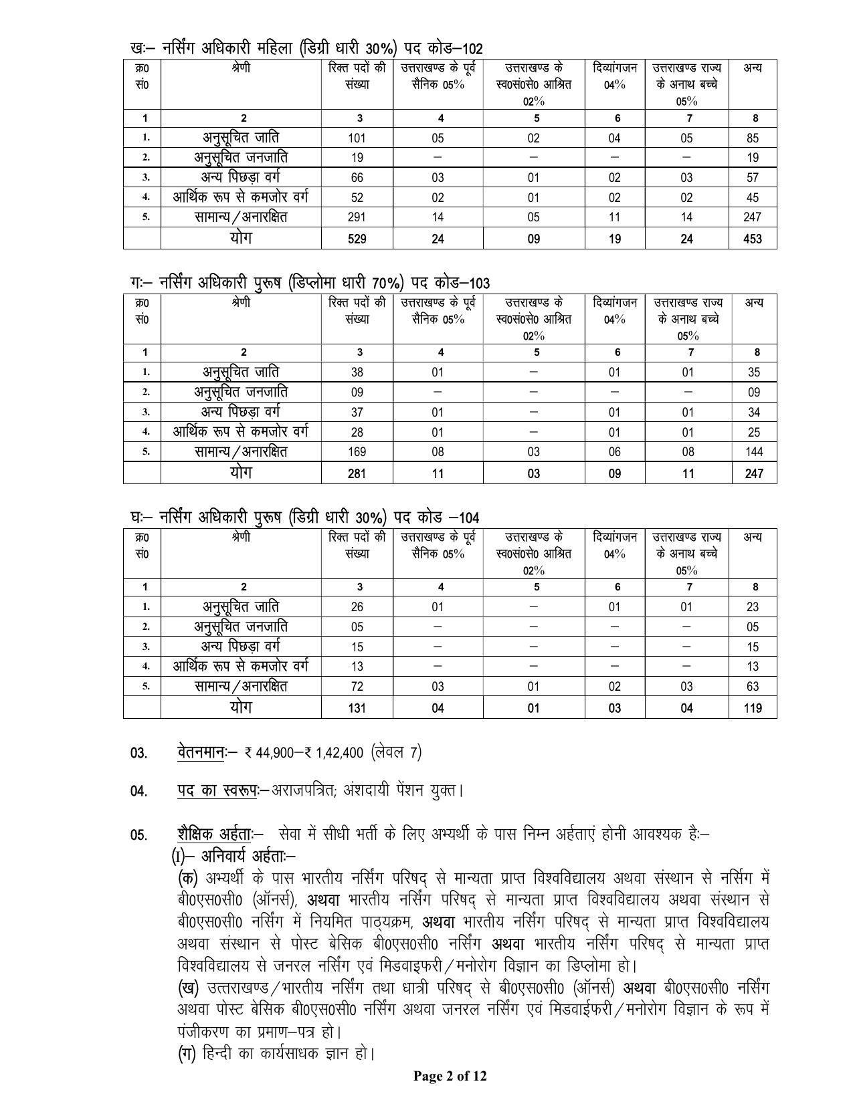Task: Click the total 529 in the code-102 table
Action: pyautogui.click(x=357, y=239)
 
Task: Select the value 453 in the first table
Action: pyautogui.click(x=753, y=239)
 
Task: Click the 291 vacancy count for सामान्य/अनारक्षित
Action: pyautogui.click(x=357, y=217)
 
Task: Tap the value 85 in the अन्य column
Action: pyautogui.click(x=753, y=138)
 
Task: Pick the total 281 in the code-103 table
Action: pyautogui.click(x=357, y=473)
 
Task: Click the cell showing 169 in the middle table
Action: pyautogui.click(x=357, y=452)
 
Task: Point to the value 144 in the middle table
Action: pyautogui.click(x=753, y=452)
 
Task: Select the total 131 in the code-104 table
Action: pyautogui.click(x=357, y=708)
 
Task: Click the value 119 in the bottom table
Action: pyautogui.click(x=753, y=708)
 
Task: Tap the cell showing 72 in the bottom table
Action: pyautogui.click(x=357, y=687)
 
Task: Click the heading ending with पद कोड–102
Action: pyautogui.click(x=306, y=48)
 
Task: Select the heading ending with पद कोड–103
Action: pyautogui.click(x=310, y=283)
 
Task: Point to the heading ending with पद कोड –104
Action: pyautogui.click(x=304, y=518)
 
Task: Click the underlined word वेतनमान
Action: pyautogui.click(x=200, y=752)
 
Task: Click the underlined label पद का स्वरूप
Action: pyautogui.click(x=217, y=790)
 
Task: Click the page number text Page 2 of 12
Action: pyautogui.click(x=450, y=1076)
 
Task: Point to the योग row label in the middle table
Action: pyautogui.click(x=241, y=472)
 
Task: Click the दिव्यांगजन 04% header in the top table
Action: pyautogui.click(x=615, y=76)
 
